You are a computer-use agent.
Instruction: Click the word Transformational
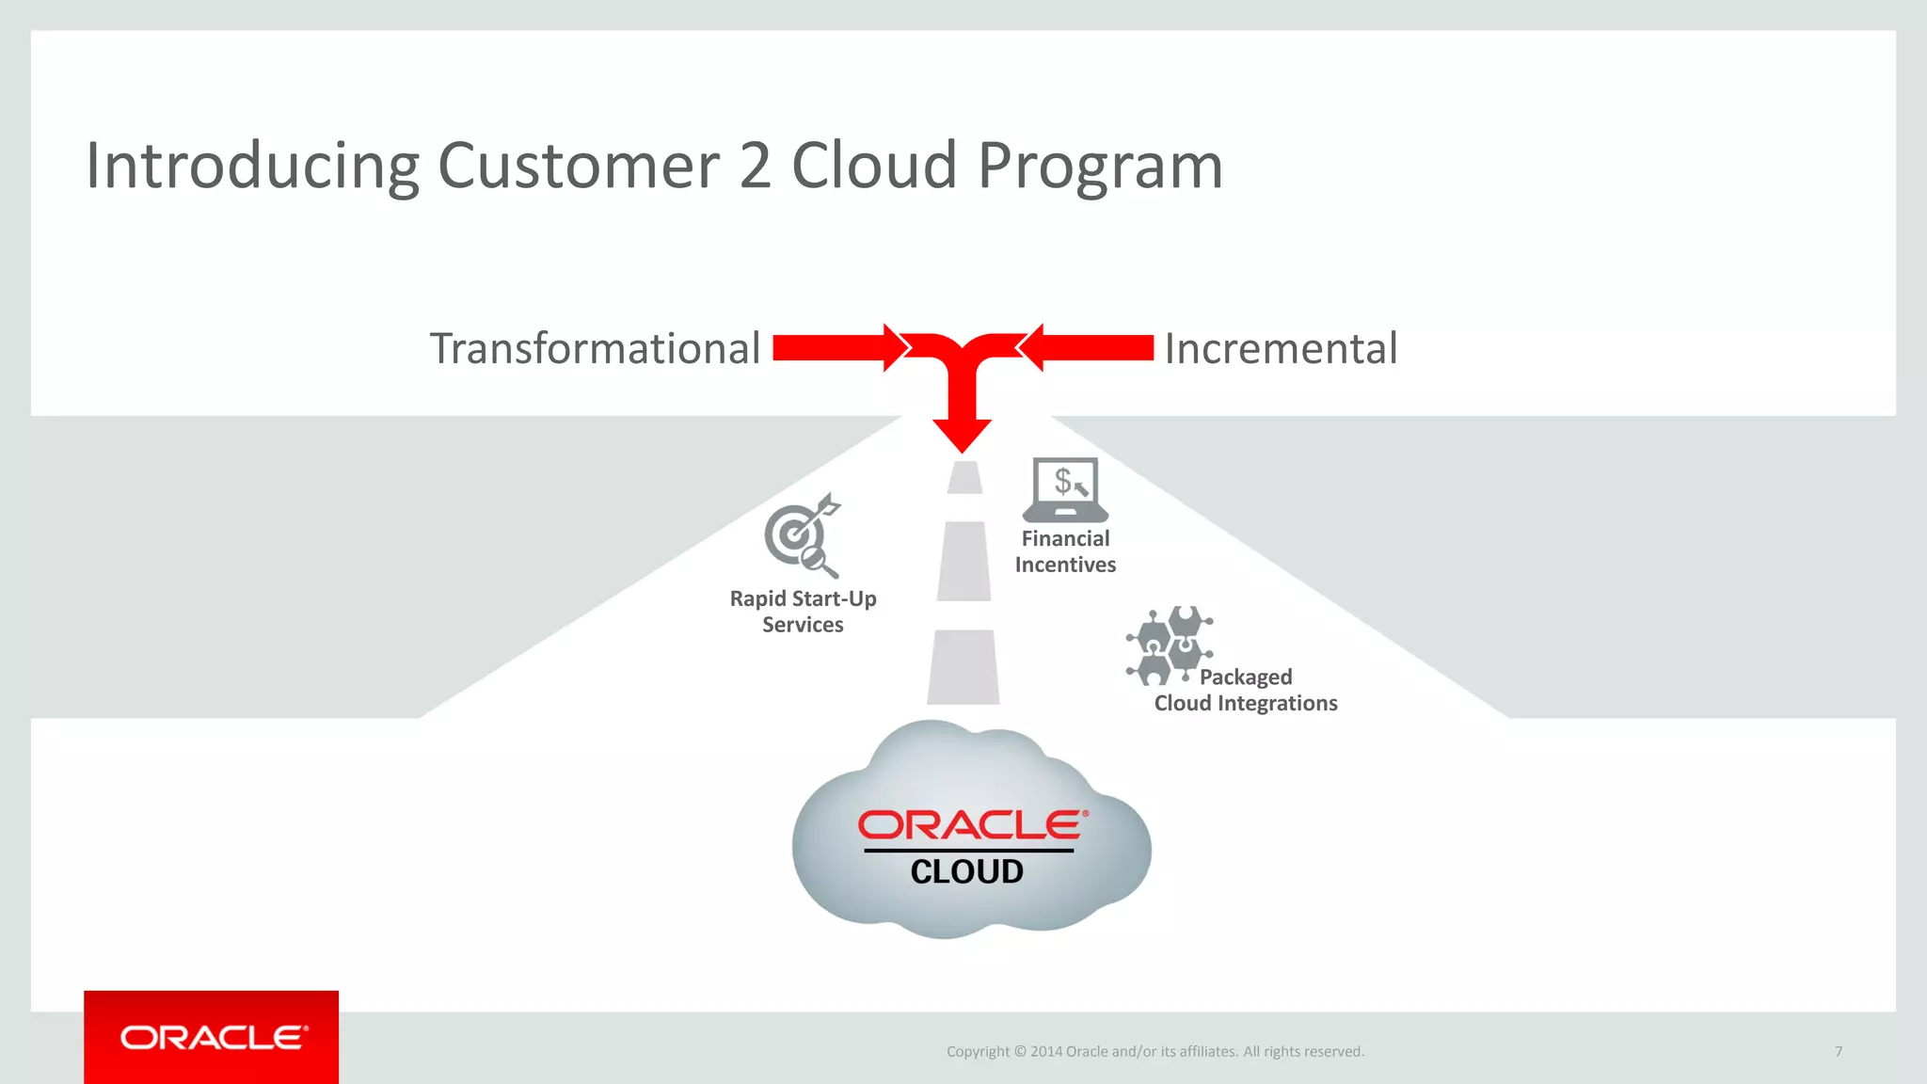[x=595, y=349]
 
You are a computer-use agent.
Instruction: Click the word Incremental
[x=1281, y=349]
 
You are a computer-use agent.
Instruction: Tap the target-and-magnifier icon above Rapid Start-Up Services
[x=802, y=534]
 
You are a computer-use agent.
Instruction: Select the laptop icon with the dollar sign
[x=1065, y=489]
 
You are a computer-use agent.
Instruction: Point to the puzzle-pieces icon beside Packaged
[x=1169, y=646]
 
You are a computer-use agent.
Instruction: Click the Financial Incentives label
[x=1065, y=551]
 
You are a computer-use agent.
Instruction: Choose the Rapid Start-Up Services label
[x=803, y=612]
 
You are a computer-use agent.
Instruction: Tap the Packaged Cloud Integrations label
[x=1246, y=691]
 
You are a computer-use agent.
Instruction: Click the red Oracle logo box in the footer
[x=211, y=1037]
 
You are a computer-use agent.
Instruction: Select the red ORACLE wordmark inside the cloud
[x=972, y=825]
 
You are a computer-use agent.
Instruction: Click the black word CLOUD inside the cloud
[x=966, y=871]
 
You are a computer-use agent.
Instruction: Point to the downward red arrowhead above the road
[x=962, y=435]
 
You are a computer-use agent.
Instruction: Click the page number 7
[x=1838, y=1051]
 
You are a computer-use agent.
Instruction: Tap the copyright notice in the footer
[x=1155, y=1051]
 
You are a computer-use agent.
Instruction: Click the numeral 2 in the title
[x=755, y=166]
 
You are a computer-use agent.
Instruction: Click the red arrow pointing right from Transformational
[x=837, y=348]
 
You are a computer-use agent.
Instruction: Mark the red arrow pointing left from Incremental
[x=1088, y=348]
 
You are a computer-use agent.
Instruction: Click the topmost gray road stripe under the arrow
[x=964, y=477]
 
